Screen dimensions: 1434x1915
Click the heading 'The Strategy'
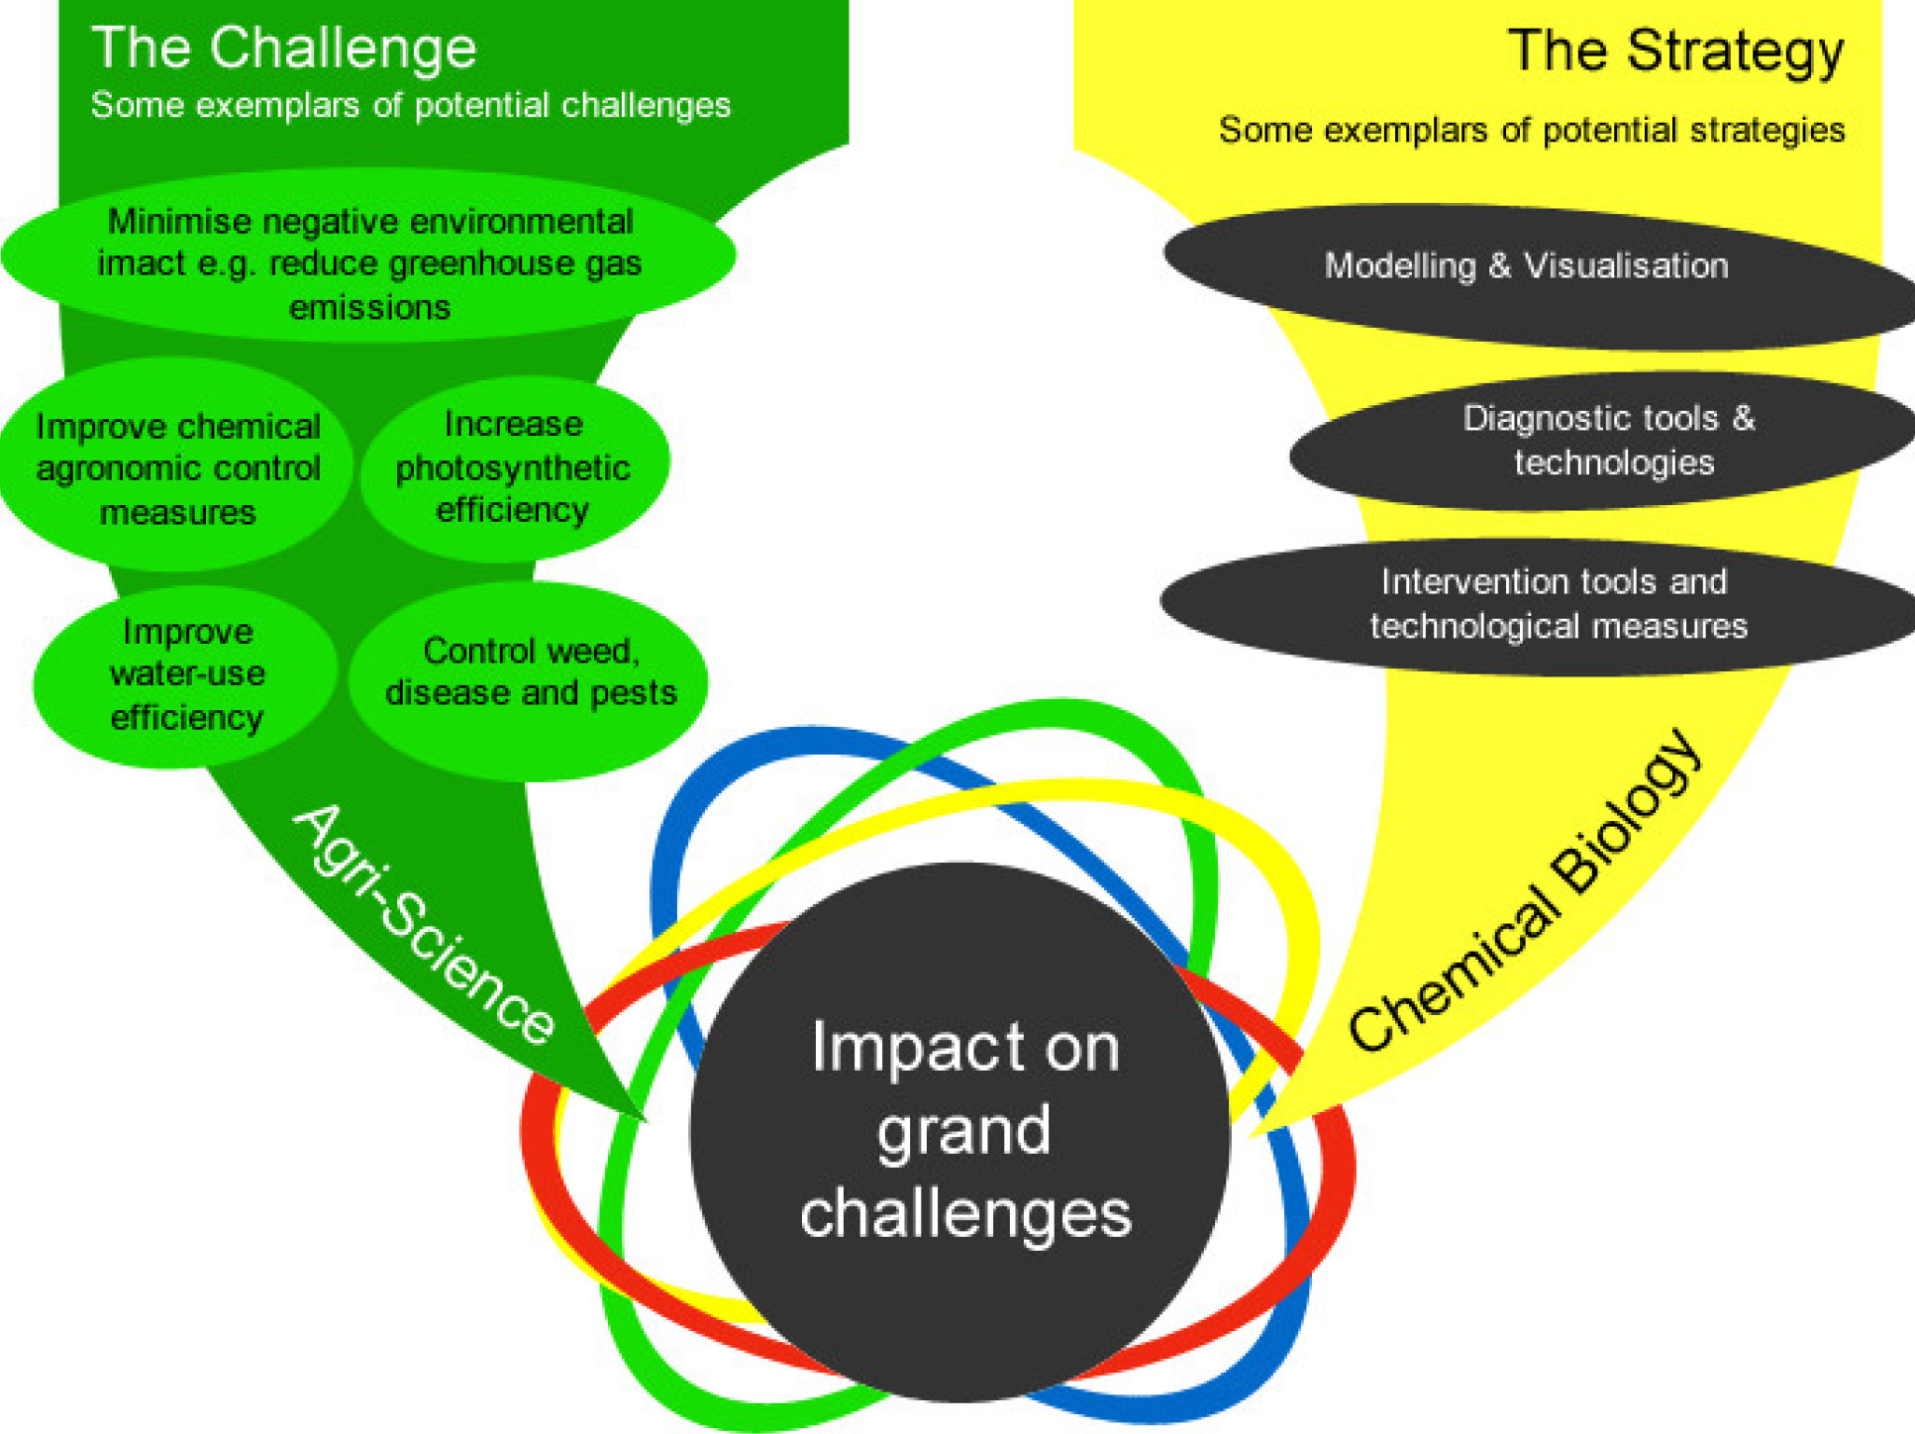click(1675, 51)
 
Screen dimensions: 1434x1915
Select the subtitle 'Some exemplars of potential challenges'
click(410, 105)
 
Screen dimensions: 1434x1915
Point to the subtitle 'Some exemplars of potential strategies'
click(1531, 130)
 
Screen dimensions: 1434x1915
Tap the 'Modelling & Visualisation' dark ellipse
click(1526, 265)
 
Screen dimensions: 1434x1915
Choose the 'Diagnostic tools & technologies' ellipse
click(1609, 441)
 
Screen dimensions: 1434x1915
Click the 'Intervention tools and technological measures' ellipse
click(1557, 604)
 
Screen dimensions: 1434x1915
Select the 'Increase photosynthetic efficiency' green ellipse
click(513, 466)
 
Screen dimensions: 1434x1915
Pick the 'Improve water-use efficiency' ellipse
click(186, 674)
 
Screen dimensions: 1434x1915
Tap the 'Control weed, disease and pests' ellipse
click(531, 672)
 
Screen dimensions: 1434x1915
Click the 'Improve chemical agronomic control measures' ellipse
click(177, 468)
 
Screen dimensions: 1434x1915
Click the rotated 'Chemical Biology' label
click(1525, 891)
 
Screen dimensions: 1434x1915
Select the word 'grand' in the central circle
click(962, 1132)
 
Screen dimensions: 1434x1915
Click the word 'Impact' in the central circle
click(894, 1048)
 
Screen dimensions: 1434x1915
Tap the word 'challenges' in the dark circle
click(965, 1214)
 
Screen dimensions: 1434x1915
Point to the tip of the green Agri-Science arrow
click(643, 1119)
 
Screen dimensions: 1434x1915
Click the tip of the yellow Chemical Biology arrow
click(1254, 1134)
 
